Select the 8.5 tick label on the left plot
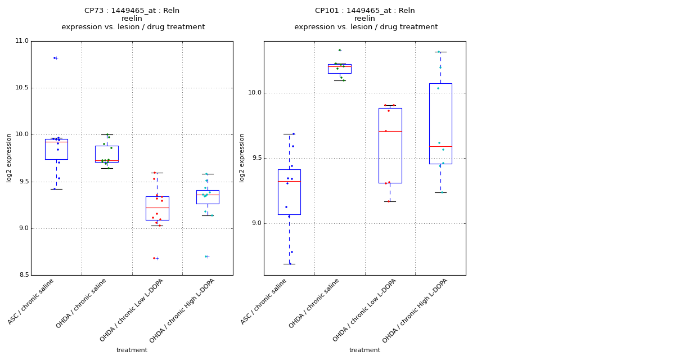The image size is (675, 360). (x=22, y=275)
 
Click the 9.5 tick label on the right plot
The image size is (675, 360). (x=255, y=158)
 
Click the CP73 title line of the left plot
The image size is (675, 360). (x=132, y=11)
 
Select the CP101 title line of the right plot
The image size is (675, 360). (x=364, y=11)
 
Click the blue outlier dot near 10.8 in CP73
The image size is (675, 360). (x=55, y=58)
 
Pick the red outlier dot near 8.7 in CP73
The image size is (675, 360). (x=154, y=258)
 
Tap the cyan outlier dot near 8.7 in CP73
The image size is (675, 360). (x=206, y=256)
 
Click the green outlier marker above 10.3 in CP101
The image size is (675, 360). (x=339, y=50)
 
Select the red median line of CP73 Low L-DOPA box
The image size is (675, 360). (x=157, y=208)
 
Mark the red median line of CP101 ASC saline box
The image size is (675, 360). (x=289, y=181)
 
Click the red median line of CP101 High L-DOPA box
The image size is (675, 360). (x=440, y=146)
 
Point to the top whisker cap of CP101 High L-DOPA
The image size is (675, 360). (x=440, y=52)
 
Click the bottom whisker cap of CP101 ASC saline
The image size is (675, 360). (x=289, y=264)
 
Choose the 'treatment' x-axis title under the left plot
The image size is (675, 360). (x=132, y=350)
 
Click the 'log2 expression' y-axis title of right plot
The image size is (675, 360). (x=242, y=157)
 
